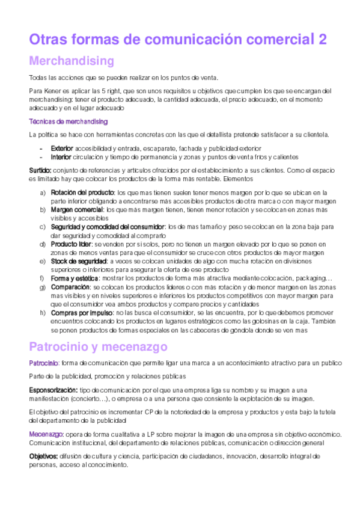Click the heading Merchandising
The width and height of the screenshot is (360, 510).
[x=72, y=61]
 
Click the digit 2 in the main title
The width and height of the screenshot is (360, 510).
[x=323, y=40]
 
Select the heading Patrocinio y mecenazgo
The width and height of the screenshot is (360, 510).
[x=106, y=347]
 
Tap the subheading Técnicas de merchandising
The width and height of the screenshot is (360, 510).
[x=69, y=121]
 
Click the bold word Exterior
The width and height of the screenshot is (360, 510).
[x=62, y=148]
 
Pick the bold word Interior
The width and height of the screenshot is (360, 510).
[x=61, y=157]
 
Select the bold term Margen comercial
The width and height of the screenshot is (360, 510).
[x=77, y=210]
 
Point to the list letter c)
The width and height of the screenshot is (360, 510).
[x=42, y=227]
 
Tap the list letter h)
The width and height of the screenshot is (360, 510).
[x=42, y=313]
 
